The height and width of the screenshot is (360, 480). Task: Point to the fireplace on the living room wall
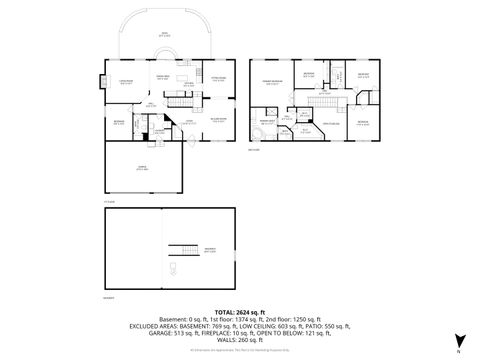(104, 85)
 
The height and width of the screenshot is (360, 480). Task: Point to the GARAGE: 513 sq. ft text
(167, 337)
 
